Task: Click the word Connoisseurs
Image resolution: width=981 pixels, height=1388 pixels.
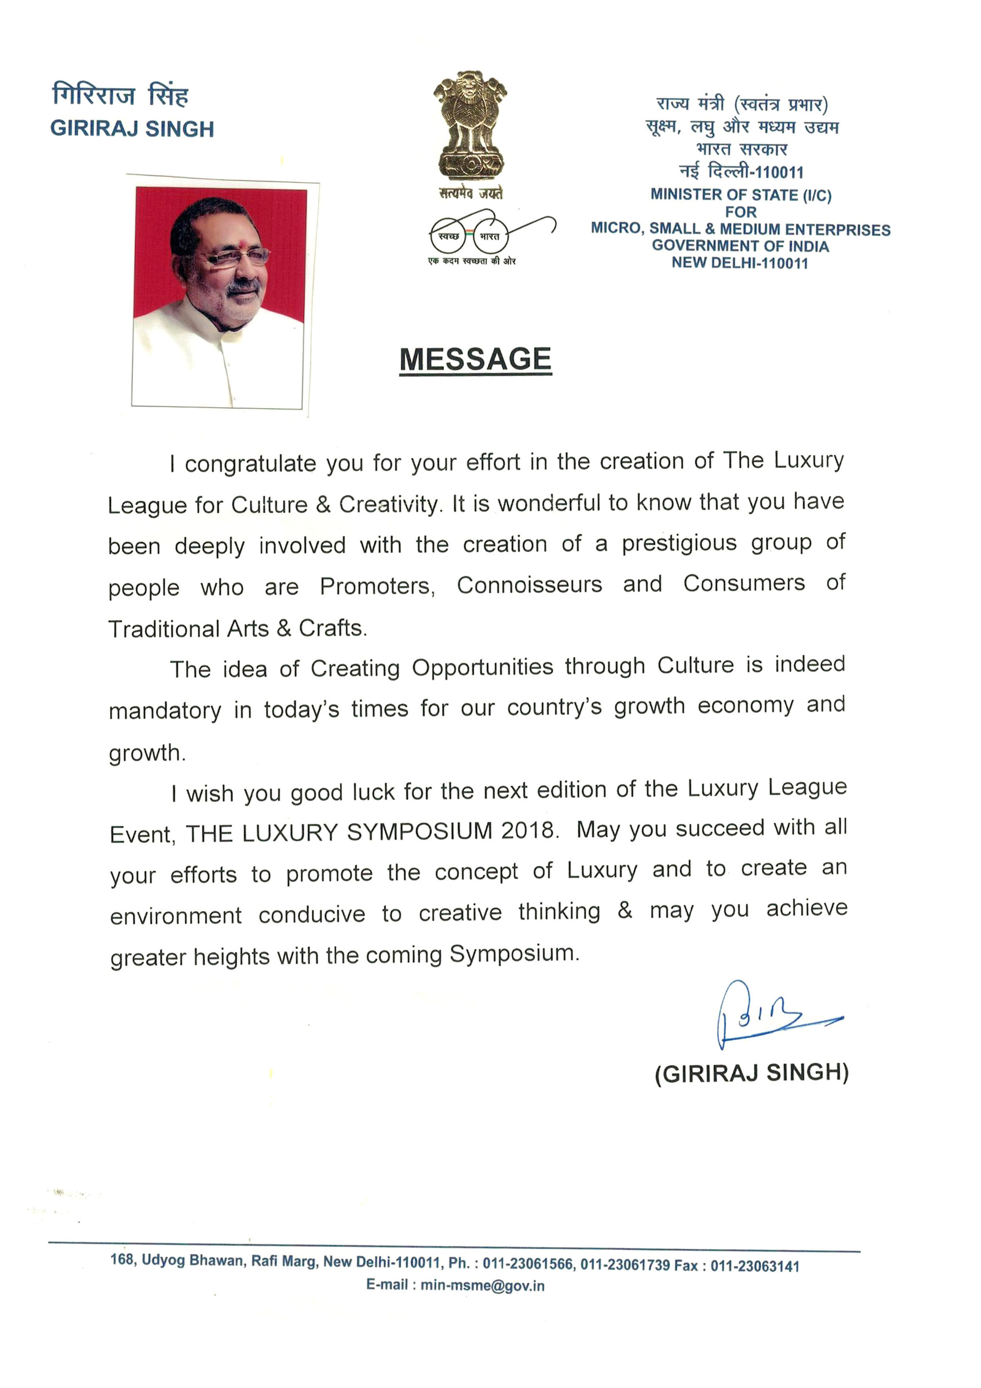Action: (x=530, y=584)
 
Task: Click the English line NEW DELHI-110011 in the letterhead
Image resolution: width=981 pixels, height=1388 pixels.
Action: (x=739, y=263)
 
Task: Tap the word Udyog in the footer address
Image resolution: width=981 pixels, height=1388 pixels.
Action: (x=163, y=1261)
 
